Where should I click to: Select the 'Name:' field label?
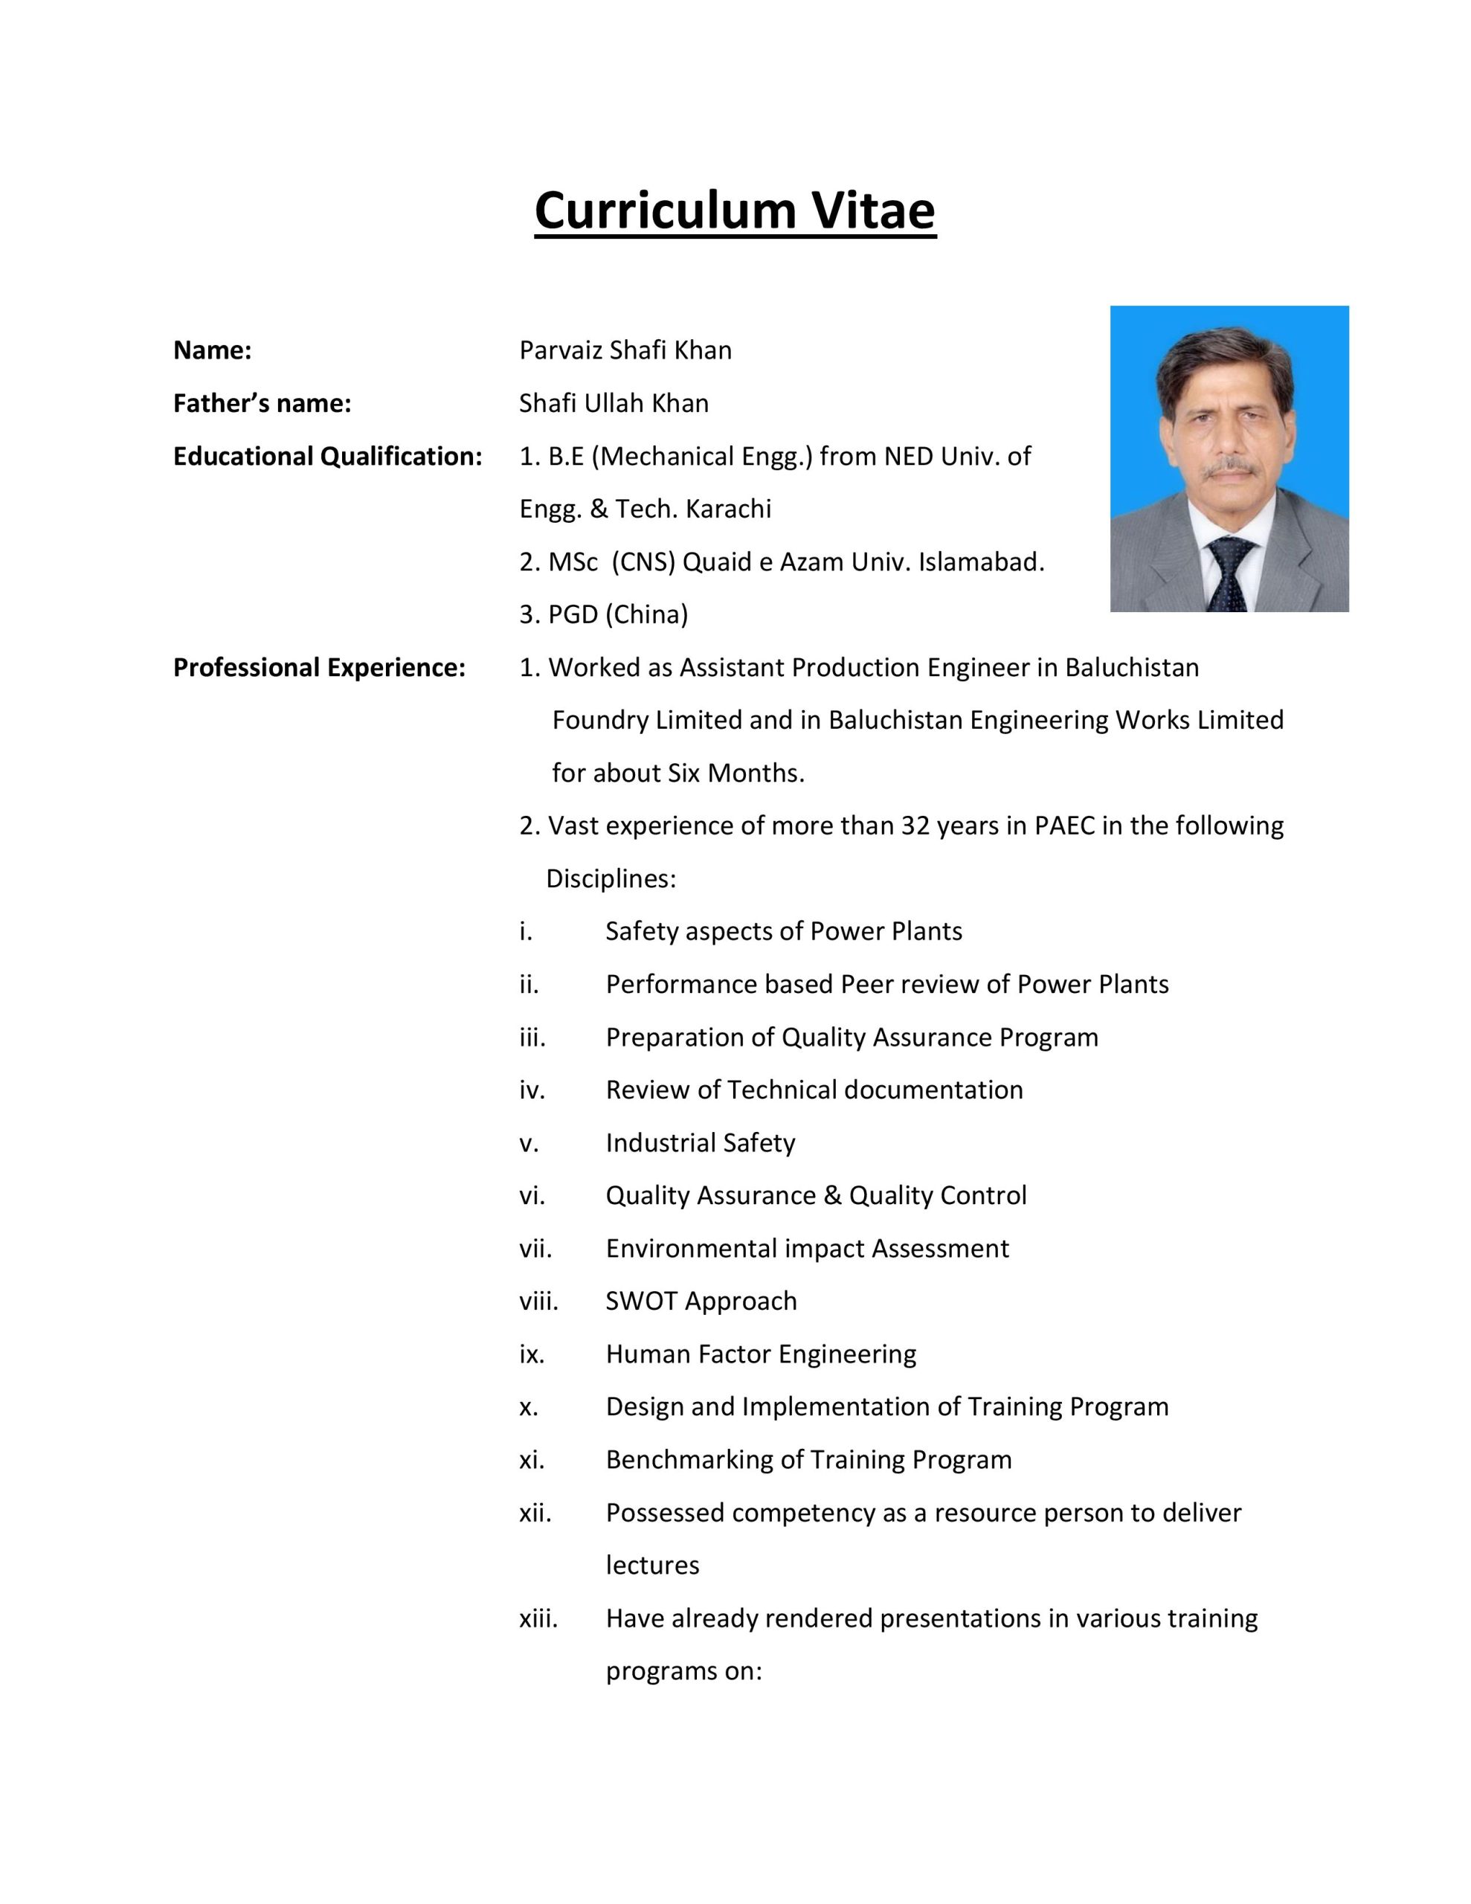coord(212,350)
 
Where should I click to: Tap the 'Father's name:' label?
coord(262,404)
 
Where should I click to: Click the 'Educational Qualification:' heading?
coord(327,456)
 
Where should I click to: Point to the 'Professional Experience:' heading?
coord(319,667)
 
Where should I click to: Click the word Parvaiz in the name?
coord(561,350)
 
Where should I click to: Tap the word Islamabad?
coord(980,562)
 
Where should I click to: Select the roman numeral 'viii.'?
coord(538,1301)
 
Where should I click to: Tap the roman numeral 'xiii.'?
coord(538,1618)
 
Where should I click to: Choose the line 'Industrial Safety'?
coord(701,1143)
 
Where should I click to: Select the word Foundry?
coord(601,720)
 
